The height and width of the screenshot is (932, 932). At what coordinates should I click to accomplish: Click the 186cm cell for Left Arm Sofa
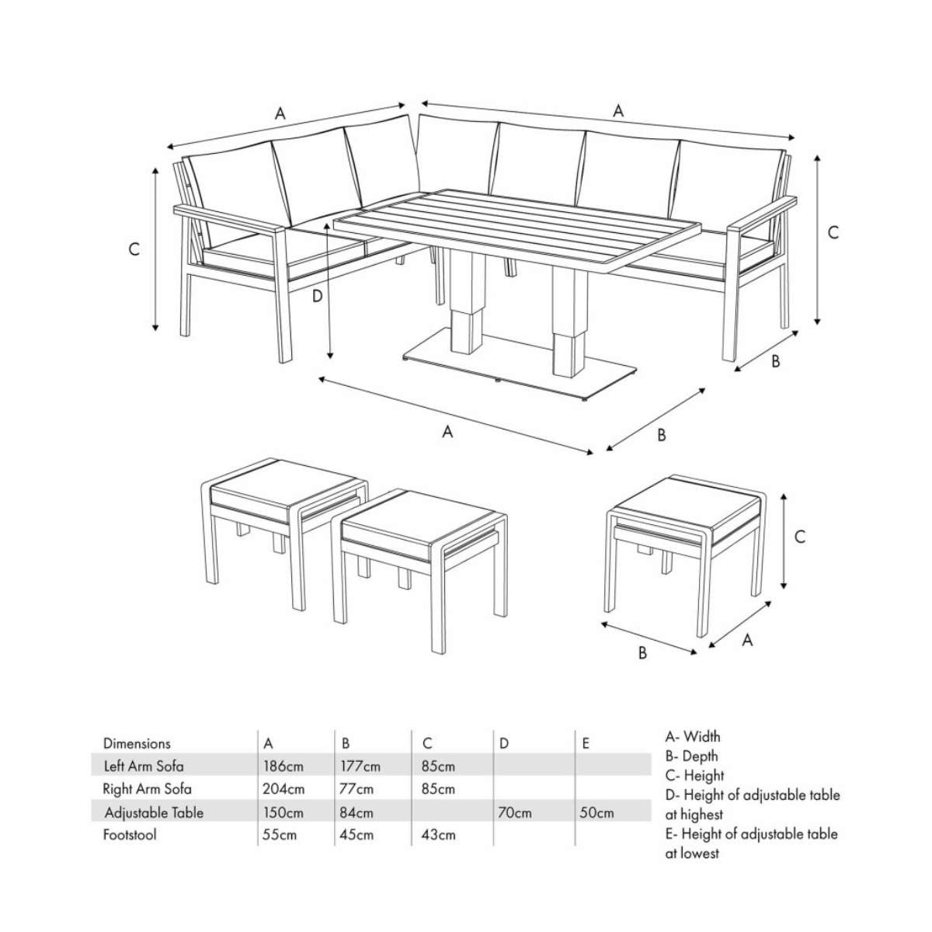pos(283,766)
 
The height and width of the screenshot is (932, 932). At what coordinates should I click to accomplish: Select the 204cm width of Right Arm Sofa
pos(283,789)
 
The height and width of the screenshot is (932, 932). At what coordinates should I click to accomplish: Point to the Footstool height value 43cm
pos(437,835)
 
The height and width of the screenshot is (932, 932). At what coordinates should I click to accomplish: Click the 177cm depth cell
pos(360,766)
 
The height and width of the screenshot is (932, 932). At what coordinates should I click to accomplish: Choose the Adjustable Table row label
pos(154,812)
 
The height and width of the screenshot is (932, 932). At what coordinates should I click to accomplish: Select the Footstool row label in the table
pos(129,835)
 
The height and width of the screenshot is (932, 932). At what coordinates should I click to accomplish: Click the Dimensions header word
pos(137,743)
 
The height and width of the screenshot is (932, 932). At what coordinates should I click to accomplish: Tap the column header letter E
pos(586,743)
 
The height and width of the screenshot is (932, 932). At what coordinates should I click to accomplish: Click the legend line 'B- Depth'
pos(691,756)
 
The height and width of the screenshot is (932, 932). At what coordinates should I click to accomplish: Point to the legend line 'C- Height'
pos(694,775)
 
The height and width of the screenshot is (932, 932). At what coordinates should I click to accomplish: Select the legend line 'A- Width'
pos(693,736)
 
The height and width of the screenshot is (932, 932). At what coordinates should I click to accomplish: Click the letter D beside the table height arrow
pos(317,296)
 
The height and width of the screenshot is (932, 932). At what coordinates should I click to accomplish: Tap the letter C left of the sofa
pos(134,249)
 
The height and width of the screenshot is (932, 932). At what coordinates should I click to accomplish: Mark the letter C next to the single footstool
pos(800,536)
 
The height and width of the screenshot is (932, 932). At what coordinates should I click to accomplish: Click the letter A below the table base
pos(447,432)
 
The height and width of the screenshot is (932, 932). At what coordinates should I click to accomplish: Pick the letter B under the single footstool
pos(642,653)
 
